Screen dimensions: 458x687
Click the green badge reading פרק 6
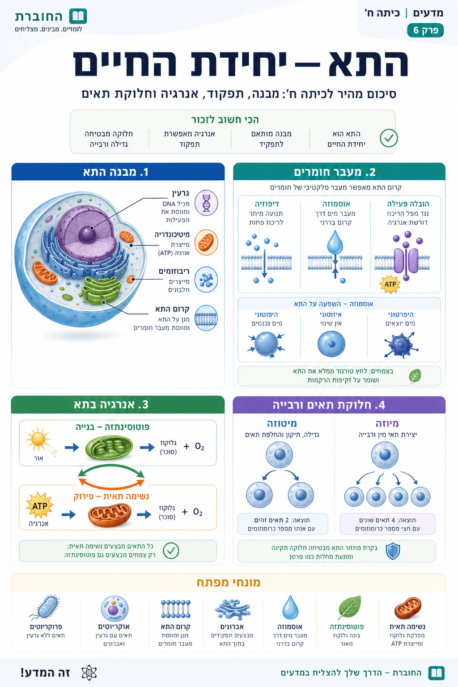click(x=425, y=30)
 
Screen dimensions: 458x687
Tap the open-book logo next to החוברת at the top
click(x=78, y=16)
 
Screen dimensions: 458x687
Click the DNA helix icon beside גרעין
click(x=206, y=203)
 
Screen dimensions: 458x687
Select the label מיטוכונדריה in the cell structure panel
click(x=172, y=235)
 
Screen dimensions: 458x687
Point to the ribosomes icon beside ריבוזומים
click(x=206, y=280)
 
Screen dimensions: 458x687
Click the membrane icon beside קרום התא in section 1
click(x=206, y=318)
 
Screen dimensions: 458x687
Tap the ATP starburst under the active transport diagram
click(x=390, y=284)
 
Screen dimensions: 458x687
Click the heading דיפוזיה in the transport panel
click(x=267, y=204)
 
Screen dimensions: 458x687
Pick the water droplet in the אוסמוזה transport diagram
click(x=335, y=242)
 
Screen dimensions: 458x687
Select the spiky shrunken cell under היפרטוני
click(x=401, y=345)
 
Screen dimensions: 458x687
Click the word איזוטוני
click(x=331, y=314)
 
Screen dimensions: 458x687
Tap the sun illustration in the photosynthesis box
click(x=38, y=439)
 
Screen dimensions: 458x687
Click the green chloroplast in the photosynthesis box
click(x=109, y=448)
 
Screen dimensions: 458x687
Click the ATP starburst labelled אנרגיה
click(x=39, y=505)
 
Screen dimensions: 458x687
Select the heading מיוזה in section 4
click(x=387, y=424)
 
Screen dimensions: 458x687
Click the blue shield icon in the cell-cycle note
click(x=393, y=551)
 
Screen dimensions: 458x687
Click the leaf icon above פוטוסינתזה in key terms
click(x=350, y=607)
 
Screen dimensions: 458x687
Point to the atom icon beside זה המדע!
click(x=89, y=673)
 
